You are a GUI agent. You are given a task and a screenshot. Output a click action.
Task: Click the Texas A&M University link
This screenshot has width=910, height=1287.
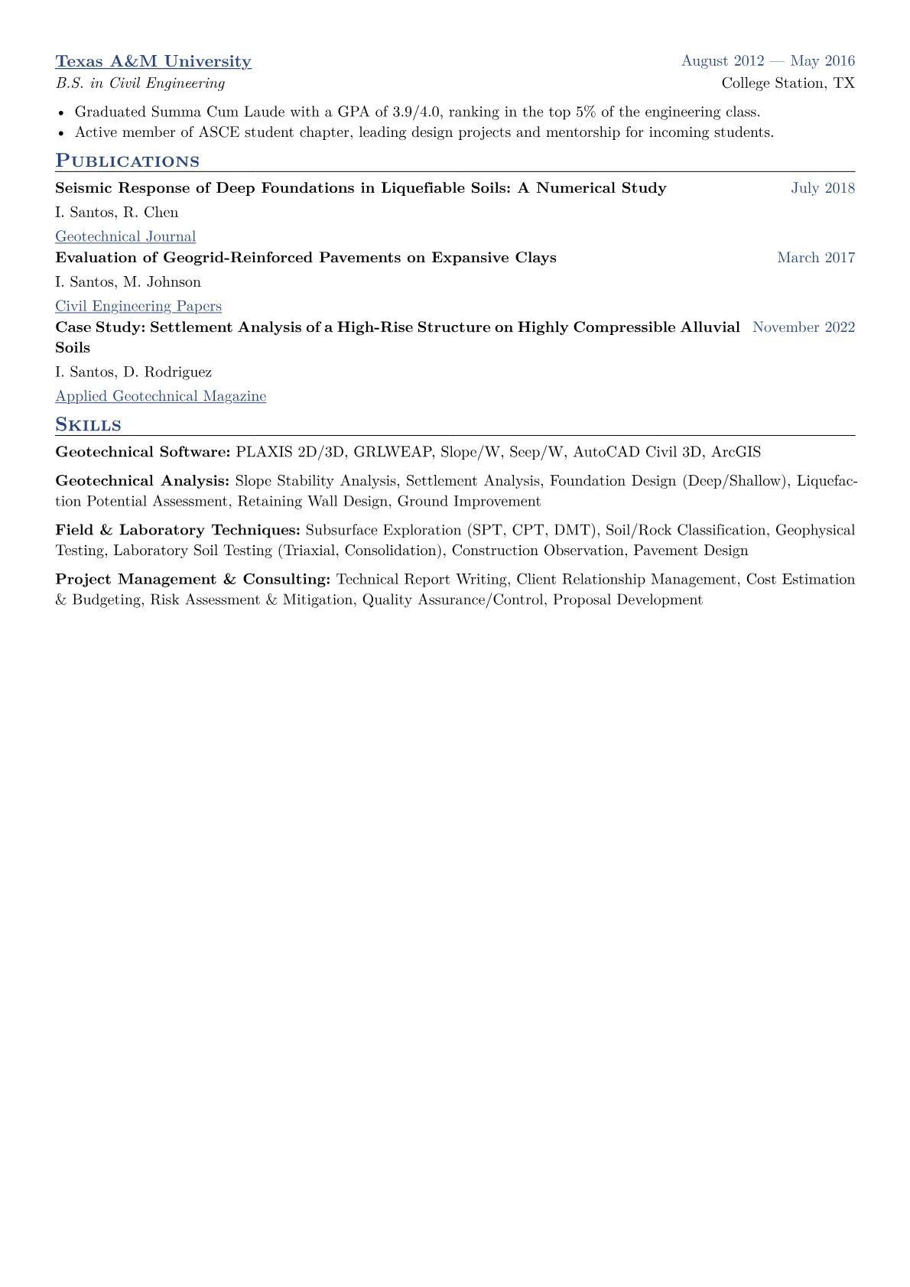pyautogui.click(x=153, y=62)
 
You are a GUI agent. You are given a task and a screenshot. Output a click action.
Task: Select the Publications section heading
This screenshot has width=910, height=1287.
pyautogui.click(x=127, y=161)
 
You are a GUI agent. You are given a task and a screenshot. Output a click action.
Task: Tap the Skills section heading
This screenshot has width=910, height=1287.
pyautogui.click(x=88, y=425)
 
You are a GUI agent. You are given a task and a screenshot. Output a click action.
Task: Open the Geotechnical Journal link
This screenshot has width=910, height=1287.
pyautogui.click(x=125, y=237)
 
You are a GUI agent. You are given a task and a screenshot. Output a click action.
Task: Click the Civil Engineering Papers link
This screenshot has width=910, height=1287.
pyautogui.click(x=138, y=307)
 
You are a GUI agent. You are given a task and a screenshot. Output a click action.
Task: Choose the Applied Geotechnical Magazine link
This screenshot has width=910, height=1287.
pyautogui.click(x=161, y=396)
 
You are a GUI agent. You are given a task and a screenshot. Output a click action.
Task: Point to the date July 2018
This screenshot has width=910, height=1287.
pyautogui.click(x=823, y=188)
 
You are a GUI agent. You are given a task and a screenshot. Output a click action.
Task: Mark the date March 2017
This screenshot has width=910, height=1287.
pyautogui.click(x=816, y=258)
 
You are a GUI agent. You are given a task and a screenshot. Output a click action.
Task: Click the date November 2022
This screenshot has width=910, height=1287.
pyautogui.click(x=804, y=327)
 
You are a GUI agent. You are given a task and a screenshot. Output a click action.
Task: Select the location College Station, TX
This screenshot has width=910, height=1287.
pyautogui.click(x=788, y=83)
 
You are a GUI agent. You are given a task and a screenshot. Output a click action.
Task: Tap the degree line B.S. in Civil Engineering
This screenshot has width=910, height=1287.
pyautogui.click(x=140, y=83)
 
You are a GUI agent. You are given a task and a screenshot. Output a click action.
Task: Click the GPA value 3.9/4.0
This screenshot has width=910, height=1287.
pyautogui.click(x=417, y=112)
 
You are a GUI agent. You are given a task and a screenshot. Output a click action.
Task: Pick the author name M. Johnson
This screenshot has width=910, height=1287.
pyautogui.click(x=162, y=282)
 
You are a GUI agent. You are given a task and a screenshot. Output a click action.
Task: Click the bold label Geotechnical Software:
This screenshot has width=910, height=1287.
pyautogui.click(x=143, y=453)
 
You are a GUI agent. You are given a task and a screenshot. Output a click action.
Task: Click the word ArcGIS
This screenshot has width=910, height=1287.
pyautogui.click(x=736, y=453)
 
